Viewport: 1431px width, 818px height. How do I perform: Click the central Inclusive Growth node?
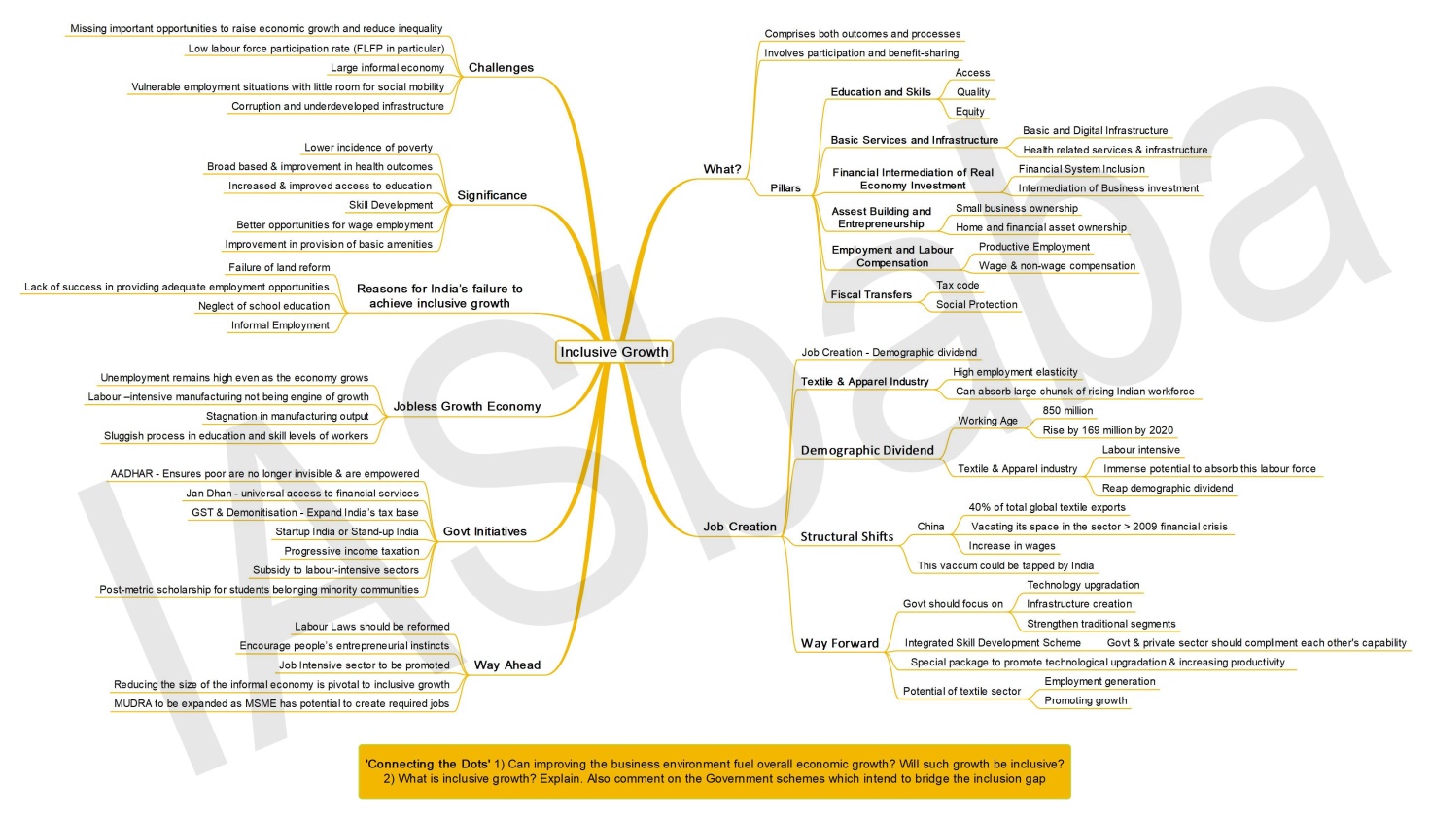[x=614, y=352]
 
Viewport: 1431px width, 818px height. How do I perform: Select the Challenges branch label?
[x=501, y=68]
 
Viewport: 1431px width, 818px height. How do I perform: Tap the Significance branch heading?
[x=492, y=195]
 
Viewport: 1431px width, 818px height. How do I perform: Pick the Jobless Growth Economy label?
[x=467, y=406]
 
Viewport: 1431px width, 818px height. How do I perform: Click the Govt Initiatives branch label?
[x=485, y=531]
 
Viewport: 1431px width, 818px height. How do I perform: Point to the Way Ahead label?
[x=507, y=665]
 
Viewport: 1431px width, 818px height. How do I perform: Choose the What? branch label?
[x=722, y=169]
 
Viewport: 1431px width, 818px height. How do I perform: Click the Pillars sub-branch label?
[x=785, y=188]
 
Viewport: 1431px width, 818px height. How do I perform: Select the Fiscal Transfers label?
[x=871, y=294]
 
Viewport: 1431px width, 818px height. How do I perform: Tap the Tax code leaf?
[x=958, y=285]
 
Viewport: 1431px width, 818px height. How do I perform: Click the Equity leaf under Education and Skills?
[x=970, y=111]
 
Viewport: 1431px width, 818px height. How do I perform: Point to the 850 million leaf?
[x=1067, y=411]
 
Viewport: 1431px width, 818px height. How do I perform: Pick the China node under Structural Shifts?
[x=930, y=527]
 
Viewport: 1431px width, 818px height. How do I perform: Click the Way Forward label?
[x=839, y=643]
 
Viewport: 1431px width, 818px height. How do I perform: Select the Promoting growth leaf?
[x=1085, y=700]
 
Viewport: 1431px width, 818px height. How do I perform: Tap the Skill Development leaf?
[x=391, y=205]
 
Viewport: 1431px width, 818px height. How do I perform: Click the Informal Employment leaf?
[x=280, y=325]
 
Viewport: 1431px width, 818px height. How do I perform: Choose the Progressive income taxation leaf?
[x=351, y=551]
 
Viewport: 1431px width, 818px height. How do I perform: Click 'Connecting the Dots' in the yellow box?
[x=428, y=764]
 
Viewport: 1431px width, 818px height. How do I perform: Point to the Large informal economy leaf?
[x=387, y=68]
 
